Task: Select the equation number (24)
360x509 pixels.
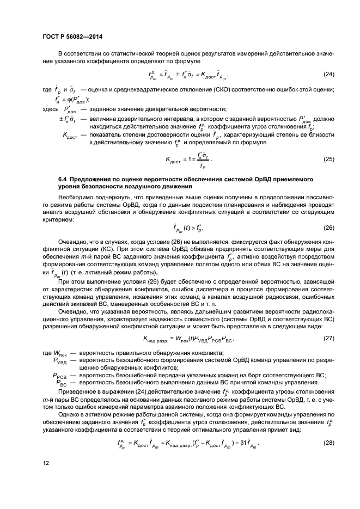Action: click(x=329, y=74)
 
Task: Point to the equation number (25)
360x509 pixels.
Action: click(x=329, y=160)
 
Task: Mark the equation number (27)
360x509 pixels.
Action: click(x=329, y=339)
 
